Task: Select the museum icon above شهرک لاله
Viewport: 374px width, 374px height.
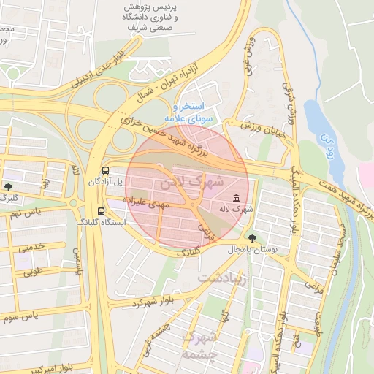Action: point(236,198)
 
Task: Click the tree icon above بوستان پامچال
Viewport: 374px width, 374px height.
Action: point(252,238)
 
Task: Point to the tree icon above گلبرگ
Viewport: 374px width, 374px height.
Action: point(8,187)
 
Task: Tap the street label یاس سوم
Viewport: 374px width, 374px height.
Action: point(20,316)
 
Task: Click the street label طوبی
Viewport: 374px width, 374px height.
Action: point(32,272)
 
